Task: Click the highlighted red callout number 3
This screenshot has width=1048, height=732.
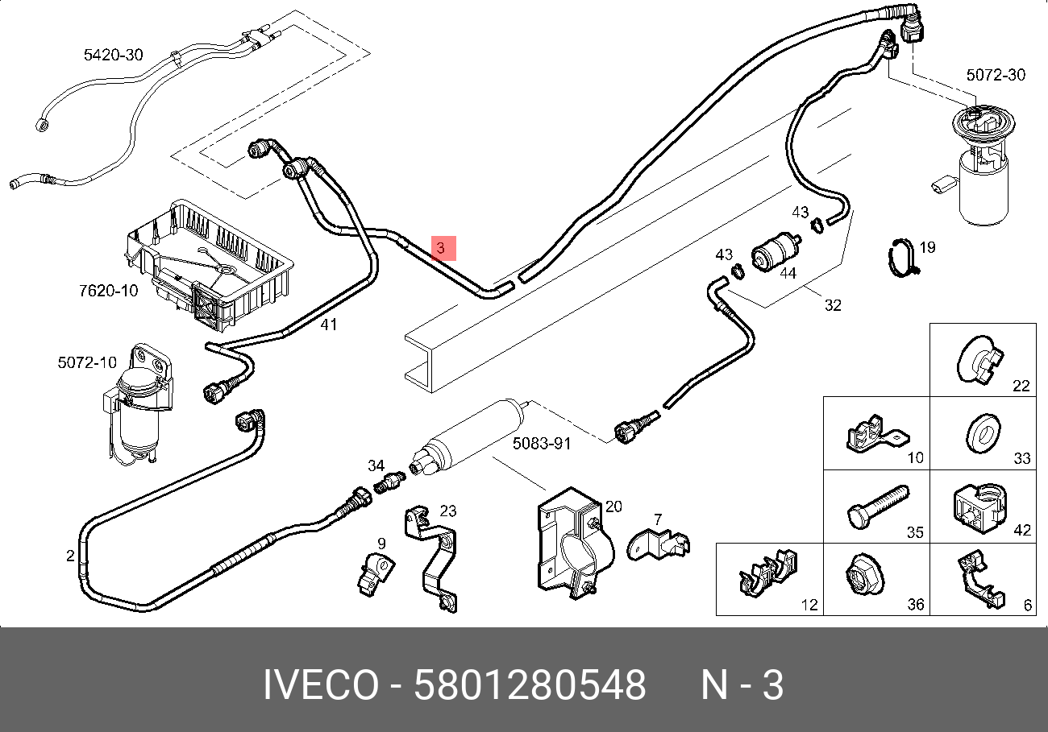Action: [x=443, y=249]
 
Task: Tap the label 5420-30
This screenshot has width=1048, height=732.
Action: [x=113, y=55]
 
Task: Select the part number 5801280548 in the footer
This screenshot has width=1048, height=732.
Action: [x=530, y=686]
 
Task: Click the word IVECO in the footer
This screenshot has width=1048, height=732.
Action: [x=320, y=686]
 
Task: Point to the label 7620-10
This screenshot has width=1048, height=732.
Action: [x=108, y=290]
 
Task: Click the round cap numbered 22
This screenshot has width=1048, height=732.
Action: [x=979, y=358]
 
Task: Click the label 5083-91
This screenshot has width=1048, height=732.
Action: [x=542, y=443]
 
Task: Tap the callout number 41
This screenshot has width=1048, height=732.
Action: [x=329, y=325]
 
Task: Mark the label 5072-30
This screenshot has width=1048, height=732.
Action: [x=996, y=75]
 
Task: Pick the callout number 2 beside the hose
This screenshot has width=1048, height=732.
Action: [x=70, y=555]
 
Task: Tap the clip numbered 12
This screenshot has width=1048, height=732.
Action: [x=765, y=573]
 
